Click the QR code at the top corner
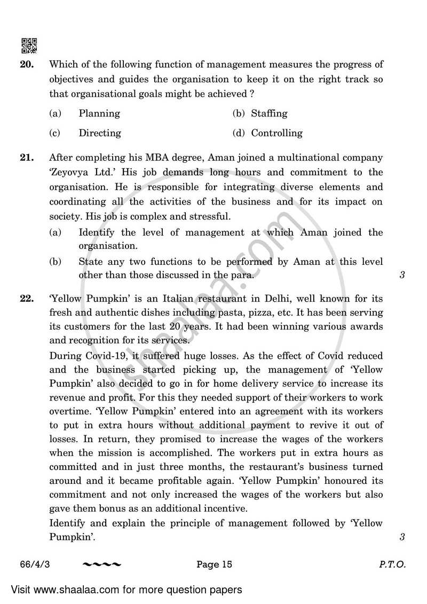click(x=29, y=46)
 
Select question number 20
click(x=27, y=65)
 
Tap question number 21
click(x=27, y=158)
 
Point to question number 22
click(x=27, y=298)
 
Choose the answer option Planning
click(x=99, y=113)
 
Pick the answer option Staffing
click(x=269, y=113)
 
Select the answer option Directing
click(x=100, y=133)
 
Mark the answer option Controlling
click(x=276, y=133)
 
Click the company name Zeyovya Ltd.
click(x=78, y=172)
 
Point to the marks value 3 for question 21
click(x=402, y=276)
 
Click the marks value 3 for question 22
click(x=402, y=537)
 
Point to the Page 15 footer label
click(x=214, y=564)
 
